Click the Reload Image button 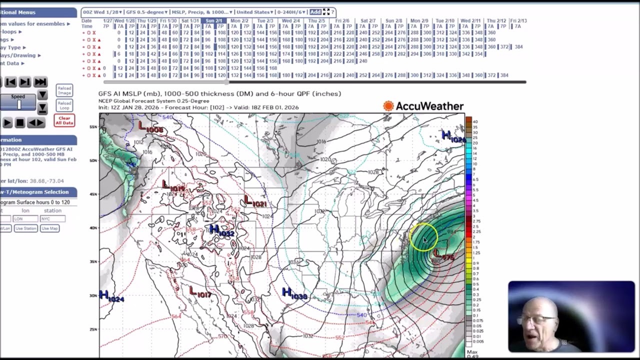click(x=64, y=90)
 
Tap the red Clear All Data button click(x=64, y=120)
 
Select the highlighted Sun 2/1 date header click(x=213, y=21)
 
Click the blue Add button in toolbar click(x=315, y=12)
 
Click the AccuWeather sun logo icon click(x=388, y=106)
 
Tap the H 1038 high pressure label click(x=294, y=294)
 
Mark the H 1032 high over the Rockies click(x=221, y=231)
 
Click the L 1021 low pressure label click(x=255, y=202)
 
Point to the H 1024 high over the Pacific click(x=111, y=296)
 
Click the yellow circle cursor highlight click(x=424, y=237)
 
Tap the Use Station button click(x=25, y=228)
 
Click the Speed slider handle click(x=19, y=104)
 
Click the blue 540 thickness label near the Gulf click(x=361, y=315)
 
